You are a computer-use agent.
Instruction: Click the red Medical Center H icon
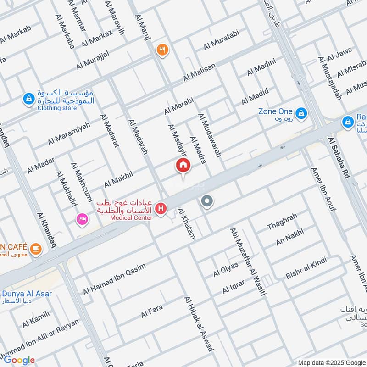[x=161, y=209]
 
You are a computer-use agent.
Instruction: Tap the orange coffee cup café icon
[x=35, y=249]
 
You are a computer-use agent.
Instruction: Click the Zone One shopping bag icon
[x=301, y=112]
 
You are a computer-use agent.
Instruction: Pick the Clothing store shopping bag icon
[x=28, y=99]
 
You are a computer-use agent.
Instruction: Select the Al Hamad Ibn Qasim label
[x=114, y=279]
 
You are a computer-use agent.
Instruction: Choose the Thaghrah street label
[x=282, y=222]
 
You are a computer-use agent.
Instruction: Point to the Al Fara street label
[x=152, y=311]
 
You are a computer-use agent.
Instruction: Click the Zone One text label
[x=275, y=111]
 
